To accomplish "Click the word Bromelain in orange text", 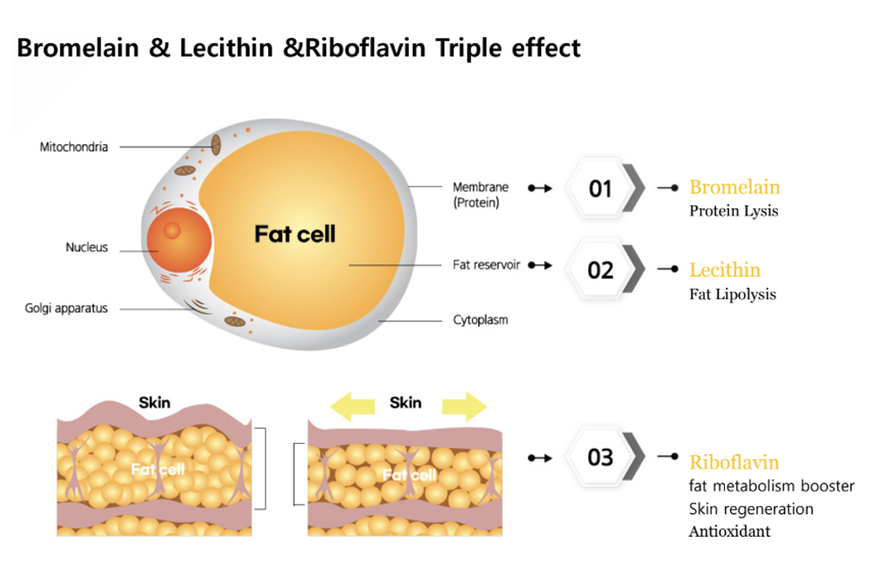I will (734, 187).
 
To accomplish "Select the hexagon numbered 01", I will (600, 188).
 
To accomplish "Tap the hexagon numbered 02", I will (600, 270).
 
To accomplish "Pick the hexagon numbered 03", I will (600, 458).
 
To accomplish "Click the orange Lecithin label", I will (725, 270).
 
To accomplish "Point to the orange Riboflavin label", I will (734, 462).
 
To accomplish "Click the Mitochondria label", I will (74, 147).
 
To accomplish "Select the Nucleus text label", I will (87, 248).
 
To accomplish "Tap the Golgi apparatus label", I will (67, 308).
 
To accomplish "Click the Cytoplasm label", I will (480, 320).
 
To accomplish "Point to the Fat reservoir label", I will (486, 265).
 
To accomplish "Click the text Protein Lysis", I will (733, 211).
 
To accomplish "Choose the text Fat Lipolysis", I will (732, 294).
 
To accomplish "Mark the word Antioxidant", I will (729, 532).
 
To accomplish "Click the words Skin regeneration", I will (751, 509).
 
